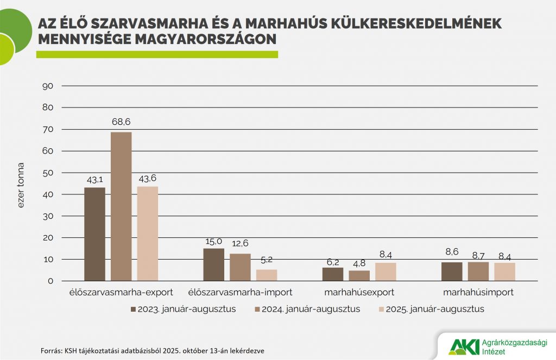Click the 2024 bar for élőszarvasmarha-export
pyautogui.click(x=121, y=206)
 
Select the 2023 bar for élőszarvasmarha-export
pyautogui.click(x=94, y=234)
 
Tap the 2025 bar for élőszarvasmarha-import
pyautogui.click(x=267, y=275)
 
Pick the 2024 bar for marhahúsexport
pyautogui.click(x=359, y=275)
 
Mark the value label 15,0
pyautogui.click(x=213, y=241)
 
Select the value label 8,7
pyautogui.click(x=478, y=255)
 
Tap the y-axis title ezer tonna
pyautogui.click(x=21, y=185)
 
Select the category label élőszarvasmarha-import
pyautogui.click(x=240, y=292)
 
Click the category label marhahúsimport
pyautogui.click(x=478, y=292)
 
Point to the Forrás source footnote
pyautogui.click(x=153, y=350)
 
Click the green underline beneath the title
pyautogui.click(x=157, y=54)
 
